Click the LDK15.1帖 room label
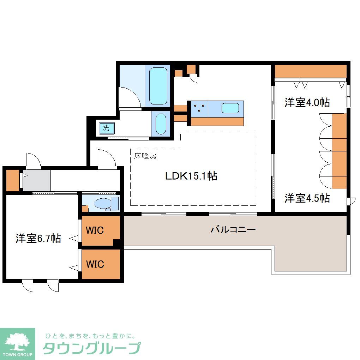[x=191, y=176]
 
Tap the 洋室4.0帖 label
[x=307, y=103]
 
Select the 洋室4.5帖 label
[x=307, y=198]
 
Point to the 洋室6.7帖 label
[x=38, y=239]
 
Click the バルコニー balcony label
[x=233, y=230]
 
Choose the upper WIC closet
[x=95, y=230]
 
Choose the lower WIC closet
[x=95, y=264]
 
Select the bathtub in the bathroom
[x=158, y=86]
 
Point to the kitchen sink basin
[x=230, y=108]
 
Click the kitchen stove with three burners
[x=199, y=108]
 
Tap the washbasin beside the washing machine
[x=161, y=123]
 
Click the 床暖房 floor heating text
[x=145, y=156]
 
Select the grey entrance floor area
[x=37, y=180]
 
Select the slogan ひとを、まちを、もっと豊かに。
[x=90, y=335]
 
